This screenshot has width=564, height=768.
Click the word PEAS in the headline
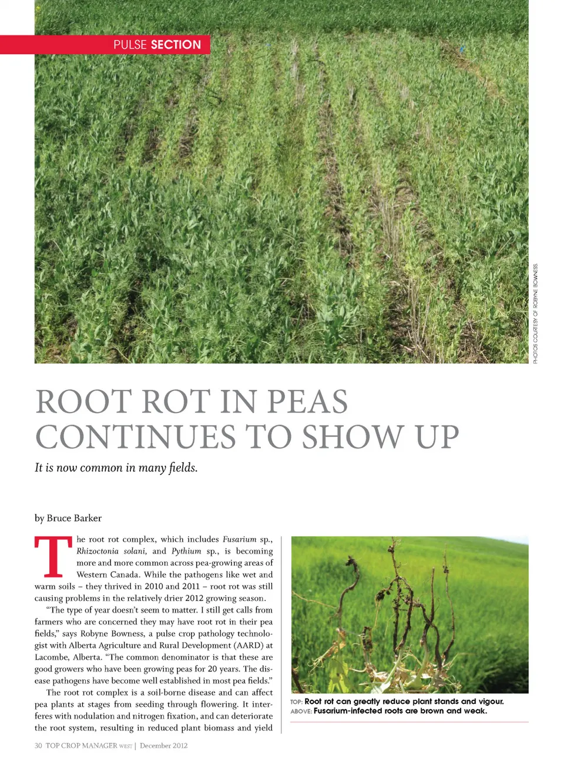[307, 402]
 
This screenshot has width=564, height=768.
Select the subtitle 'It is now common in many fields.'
[116, 468]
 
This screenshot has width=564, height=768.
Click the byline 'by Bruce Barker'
[68, 518]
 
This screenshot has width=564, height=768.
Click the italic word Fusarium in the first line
[239, 539]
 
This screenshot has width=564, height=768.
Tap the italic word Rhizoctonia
[97, 551]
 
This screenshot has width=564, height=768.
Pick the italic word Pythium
[186, 551]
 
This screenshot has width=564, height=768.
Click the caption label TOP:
[296, 702]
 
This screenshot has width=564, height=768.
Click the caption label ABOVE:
[301, 711]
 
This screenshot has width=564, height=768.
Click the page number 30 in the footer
[38, 746]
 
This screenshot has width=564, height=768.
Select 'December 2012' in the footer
[163, 746]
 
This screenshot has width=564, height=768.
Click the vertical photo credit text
[535, 313]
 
